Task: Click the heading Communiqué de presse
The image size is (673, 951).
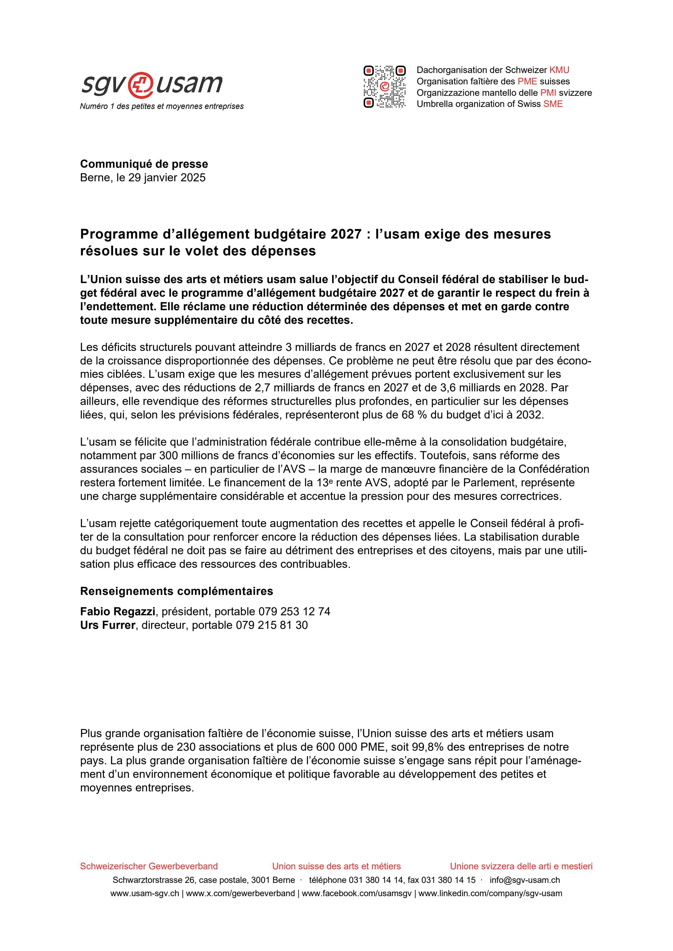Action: coord(144,164)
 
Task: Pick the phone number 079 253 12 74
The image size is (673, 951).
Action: coord(294,611)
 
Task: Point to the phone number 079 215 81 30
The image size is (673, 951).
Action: coord(272,625)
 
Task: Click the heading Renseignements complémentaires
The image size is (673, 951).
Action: coord(176,591)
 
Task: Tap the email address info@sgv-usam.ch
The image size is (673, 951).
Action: coord(525,880)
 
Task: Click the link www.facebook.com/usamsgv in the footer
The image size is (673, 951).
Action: coord(356,893)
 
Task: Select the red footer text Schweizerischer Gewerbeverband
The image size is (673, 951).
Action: coord(149,866)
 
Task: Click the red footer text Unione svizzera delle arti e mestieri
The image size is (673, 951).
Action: coord(521,866)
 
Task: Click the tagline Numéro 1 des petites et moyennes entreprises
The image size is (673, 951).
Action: coord(162,106)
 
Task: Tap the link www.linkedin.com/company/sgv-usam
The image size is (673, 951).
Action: coord(490,893)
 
